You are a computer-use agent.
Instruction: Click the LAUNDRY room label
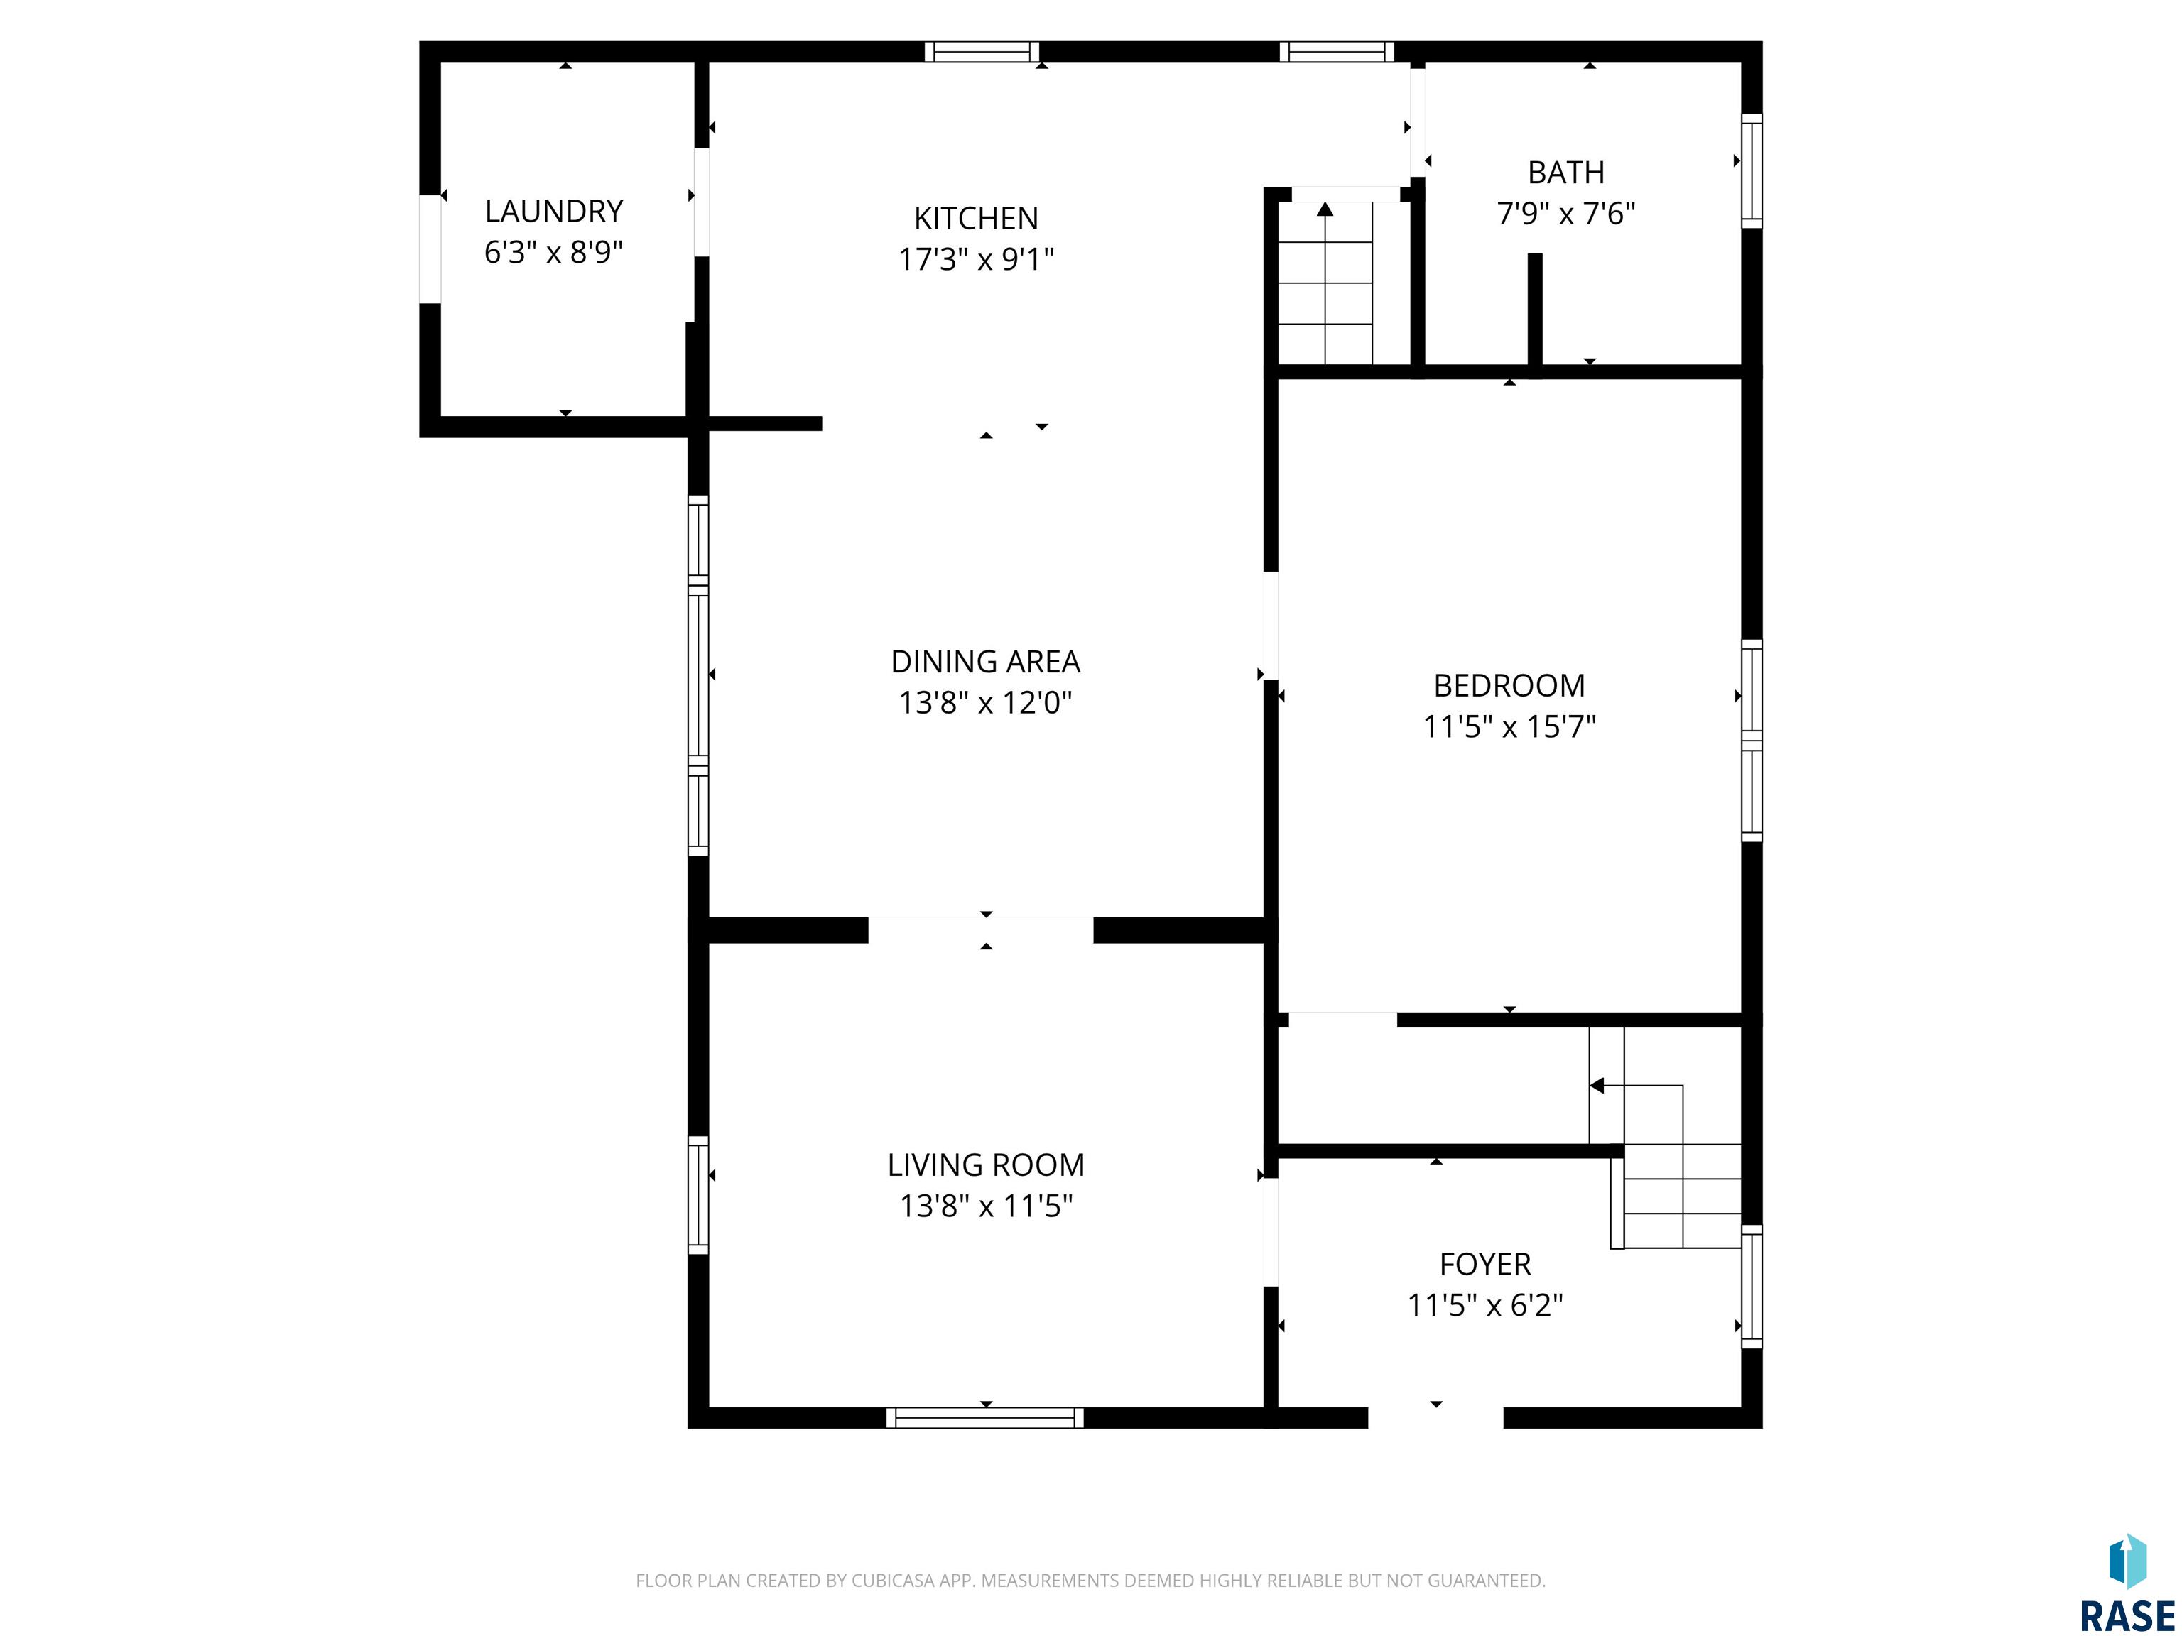tap(553, 211)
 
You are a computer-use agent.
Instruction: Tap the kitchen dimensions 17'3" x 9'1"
tap(976, 259)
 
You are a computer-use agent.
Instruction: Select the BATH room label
tap(1565, 173)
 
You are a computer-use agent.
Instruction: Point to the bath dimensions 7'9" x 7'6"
tap(1565, 213)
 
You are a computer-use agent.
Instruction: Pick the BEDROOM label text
tap(1509, 685)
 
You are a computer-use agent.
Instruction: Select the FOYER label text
tap(1484, 1264)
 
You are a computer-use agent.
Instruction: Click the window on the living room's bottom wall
tap(985, 1418)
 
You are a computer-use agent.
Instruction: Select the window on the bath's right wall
tap(1752, 170)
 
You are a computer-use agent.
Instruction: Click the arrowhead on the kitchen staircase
tap(1325, 209)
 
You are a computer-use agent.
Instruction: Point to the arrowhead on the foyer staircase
tap(1596, 1086)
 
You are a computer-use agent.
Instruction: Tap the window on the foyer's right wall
tap(1752, 1286)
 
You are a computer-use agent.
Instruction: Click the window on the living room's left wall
tap(698, 1195)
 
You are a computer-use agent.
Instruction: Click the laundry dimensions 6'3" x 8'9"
tap(553, 253)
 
